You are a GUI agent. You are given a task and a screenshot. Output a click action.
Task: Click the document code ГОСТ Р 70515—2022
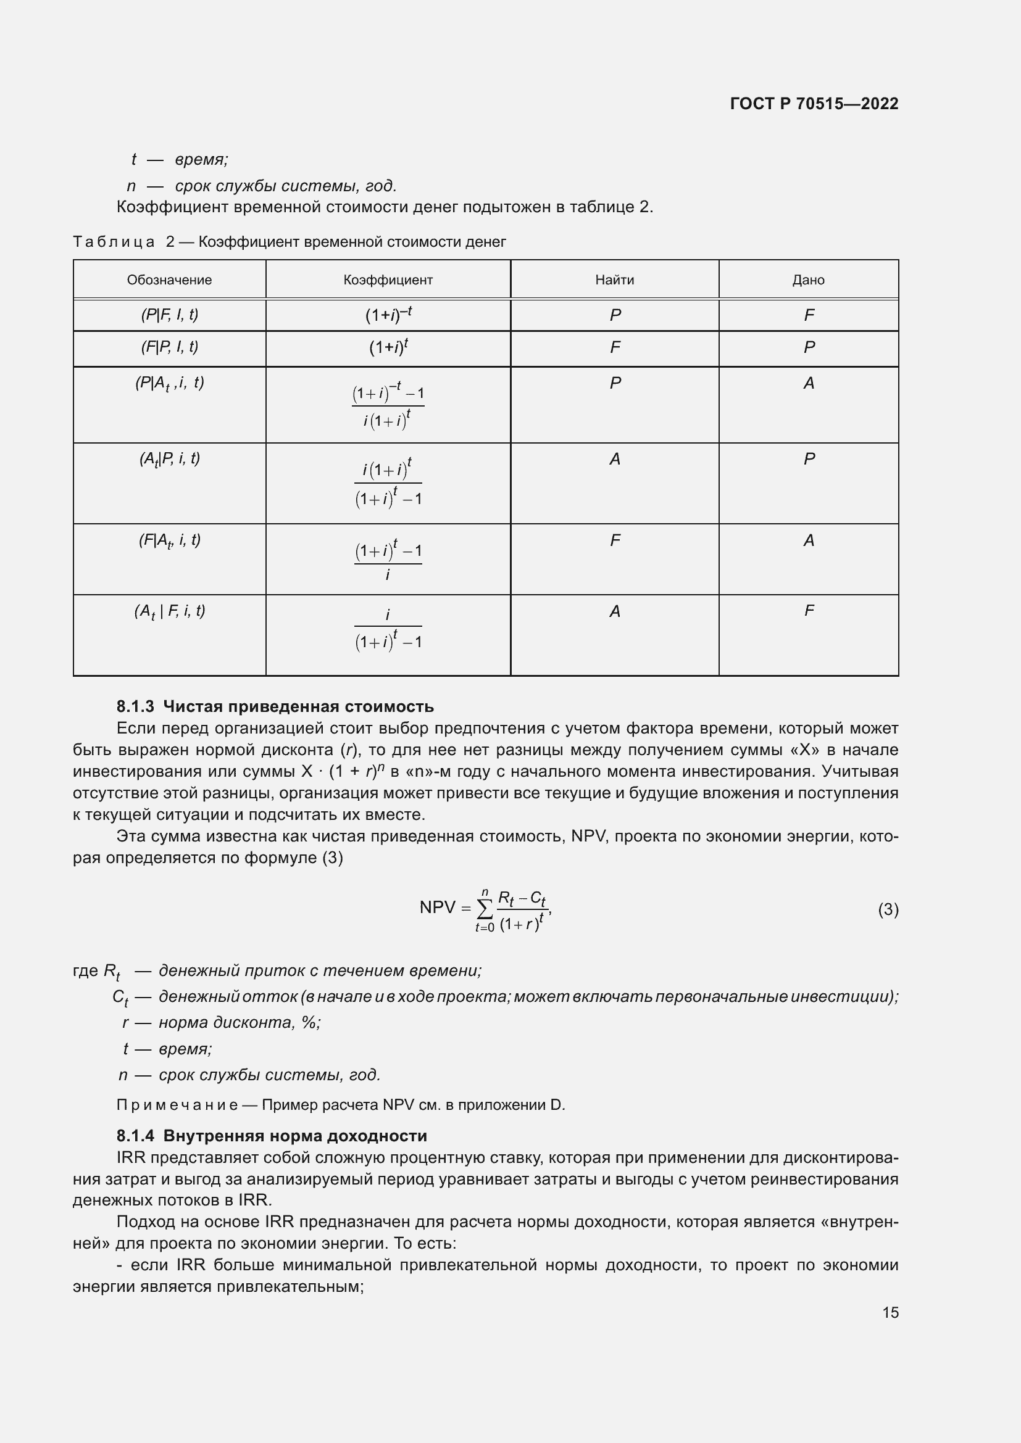[x=814, y=104]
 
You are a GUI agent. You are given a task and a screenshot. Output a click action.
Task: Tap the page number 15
[x=890, y=1312]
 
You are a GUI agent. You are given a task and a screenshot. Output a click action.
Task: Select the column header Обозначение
[x=169, y=279]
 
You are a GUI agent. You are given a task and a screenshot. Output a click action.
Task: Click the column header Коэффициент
[x=388, y=279]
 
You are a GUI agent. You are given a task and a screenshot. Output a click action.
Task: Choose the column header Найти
[x=614, y=279]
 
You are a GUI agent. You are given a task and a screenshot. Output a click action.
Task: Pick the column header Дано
[x=808, y=279]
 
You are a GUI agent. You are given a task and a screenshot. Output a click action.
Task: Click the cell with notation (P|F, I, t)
[x=169, y=315]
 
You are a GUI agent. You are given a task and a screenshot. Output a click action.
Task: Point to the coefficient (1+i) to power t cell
[x=388, y=347]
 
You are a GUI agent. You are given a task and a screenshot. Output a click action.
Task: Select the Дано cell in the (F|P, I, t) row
[x=809, y=347]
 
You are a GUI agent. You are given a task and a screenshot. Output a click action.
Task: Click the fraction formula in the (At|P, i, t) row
[x=388, y=483]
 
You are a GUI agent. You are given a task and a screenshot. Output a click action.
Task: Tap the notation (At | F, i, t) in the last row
[x=169, y=611]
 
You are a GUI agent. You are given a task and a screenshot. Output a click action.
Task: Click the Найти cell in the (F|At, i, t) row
[x=615, y=540]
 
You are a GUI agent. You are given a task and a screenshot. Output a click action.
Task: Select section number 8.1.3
[x=135, y=706]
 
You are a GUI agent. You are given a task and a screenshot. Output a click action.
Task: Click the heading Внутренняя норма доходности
[x=295, y=1136]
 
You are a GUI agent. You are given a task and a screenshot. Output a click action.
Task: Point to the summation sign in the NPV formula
[x=484, y=908]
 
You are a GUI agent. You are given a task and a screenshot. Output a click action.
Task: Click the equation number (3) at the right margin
[x=888, y=909]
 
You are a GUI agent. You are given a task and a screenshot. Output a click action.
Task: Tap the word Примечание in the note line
[x=177, y=1105]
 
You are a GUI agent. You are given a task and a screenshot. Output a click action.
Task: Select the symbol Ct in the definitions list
[x=120, y=998]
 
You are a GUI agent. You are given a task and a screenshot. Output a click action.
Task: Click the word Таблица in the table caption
[x=113, y=242]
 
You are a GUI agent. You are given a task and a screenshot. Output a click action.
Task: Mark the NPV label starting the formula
[x=436, y=907]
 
